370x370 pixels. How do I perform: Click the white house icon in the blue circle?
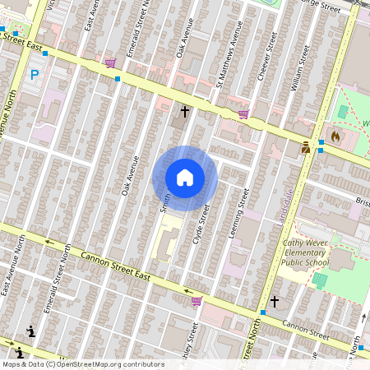click(184, 178)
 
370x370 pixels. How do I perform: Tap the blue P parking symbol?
click(35, 75)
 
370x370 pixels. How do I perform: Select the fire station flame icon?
click(335, 135)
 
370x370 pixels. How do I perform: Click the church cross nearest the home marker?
click(185, 110)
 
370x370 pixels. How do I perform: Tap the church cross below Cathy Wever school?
click(275, 303)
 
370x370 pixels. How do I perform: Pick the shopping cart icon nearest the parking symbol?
click(110, 62)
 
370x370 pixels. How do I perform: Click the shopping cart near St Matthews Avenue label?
click(243, 114)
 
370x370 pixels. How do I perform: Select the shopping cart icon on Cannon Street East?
click(197, 301)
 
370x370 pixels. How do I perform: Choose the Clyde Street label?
click(202, 224)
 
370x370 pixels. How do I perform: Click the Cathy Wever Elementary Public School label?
click(305, 252)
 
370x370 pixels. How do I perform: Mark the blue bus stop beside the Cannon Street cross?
click(262, 313)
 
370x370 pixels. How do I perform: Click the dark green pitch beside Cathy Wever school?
click(319, 280)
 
